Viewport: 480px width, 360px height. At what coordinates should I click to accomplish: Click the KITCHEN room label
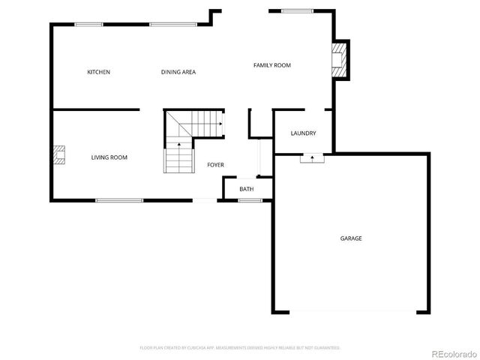coord(98,72)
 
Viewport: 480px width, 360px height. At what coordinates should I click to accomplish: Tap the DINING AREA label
coord(178,72)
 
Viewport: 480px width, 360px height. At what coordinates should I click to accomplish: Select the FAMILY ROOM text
coord(271,65)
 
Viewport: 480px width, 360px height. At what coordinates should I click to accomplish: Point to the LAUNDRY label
coord(303,133)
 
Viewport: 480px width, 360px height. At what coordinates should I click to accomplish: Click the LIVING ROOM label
coord(109,157)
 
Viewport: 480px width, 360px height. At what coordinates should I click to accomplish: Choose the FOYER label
coord(215,165)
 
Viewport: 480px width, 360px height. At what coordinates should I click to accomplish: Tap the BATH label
coord(246,189)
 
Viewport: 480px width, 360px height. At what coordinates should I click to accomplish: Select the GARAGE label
coord(351,238)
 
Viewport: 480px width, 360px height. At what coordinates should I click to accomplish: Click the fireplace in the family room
coord(340,58)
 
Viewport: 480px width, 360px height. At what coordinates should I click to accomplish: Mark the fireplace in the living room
coord(58,155)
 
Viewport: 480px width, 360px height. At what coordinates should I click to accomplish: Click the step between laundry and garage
coord(311,158)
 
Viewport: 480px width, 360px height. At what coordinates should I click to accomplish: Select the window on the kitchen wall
coord(88,25)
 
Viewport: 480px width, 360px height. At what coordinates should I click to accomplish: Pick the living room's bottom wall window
coord(119,199)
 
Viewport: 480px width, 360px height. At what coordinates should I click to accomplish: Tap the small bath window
coord(250,200)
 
